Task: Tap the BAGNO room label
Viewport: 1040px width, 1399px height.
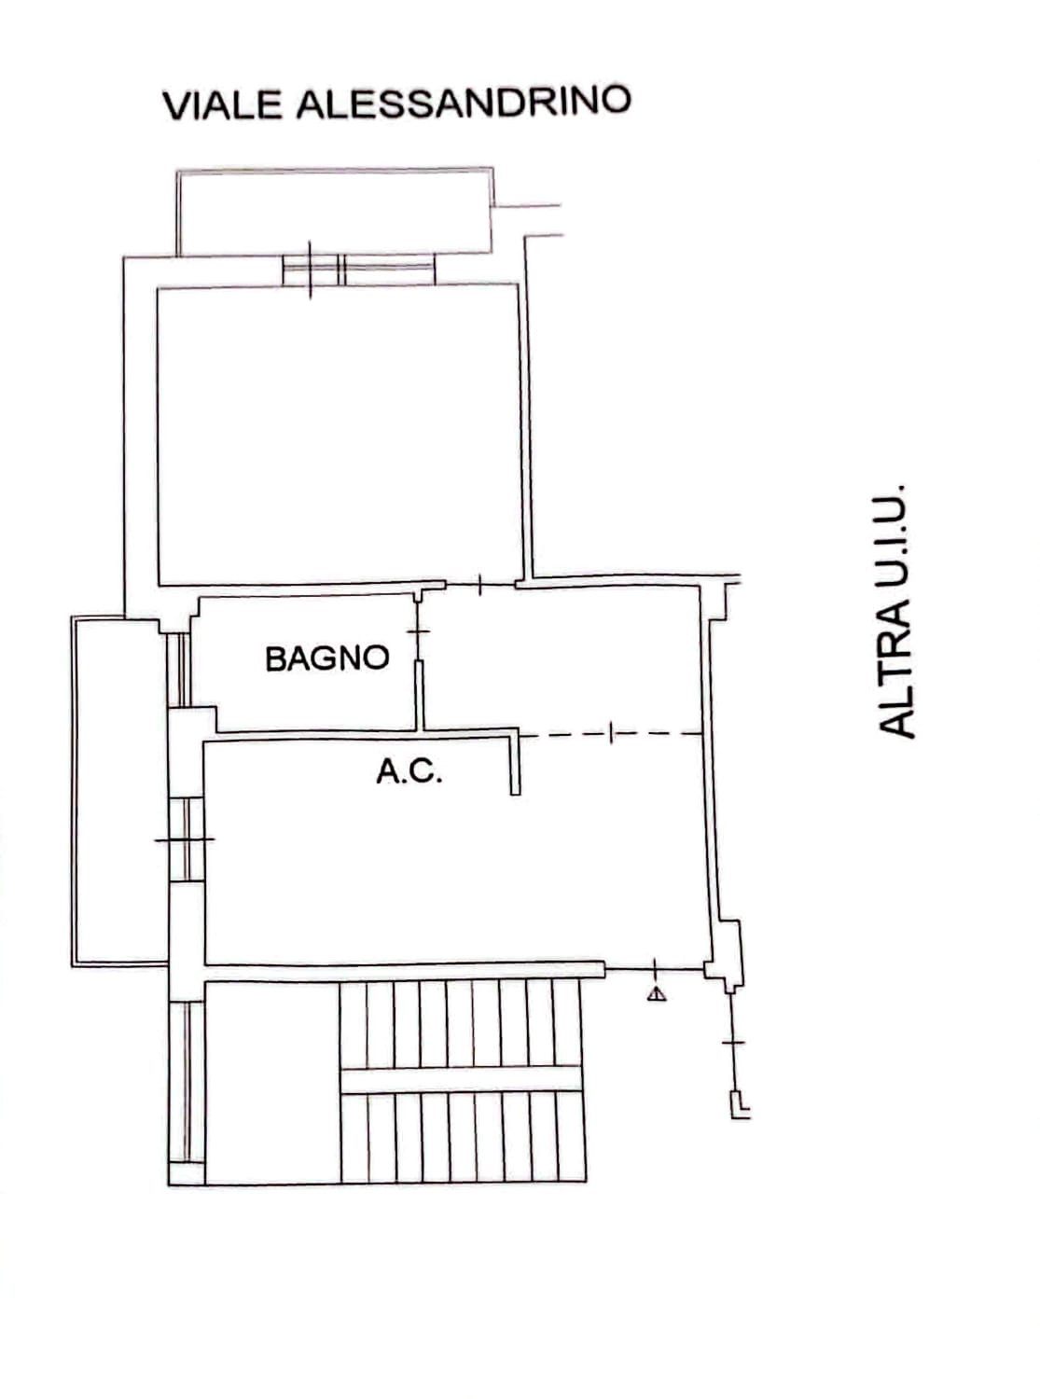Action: tap(326, 658)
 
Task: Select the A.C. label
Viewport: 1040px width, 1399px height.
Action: tap(409, 770)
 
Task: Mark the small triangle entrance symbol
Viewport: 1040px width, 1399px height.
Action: tap(657, 994)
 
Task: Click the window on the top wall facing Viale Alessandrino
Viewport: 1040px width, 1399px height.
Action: tap(358, 270)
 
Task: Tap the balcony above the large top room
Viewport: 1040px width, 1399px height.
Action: tap(335, 212)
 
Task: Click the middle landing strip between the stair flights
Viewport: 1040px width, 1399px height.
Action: tap(460, 1080)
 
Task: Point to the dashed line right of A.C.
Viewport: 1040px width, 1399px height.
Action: tap(610, 734)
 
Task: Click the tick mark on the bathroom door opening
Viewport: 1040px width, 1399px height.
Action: tap(418, 631)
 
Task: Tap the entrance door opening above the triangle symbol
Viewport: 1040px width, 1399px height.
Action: tap(655, 968)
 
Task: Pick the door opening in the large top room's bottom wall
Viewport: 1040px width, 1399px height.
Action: tap(480, 586)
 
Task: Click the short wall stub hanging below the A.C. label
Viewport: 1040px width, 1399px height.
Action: tap(515, 763)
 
